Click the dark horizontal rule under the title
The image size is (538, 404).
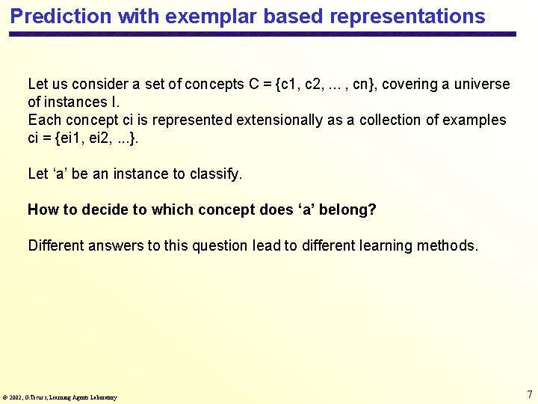click(262, 34)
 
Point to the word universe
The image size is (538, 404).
click(483, 84)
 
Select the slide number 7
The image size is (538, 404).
click(529, 394)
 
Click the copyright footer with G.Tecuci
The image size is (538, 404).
click(60, 397)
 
